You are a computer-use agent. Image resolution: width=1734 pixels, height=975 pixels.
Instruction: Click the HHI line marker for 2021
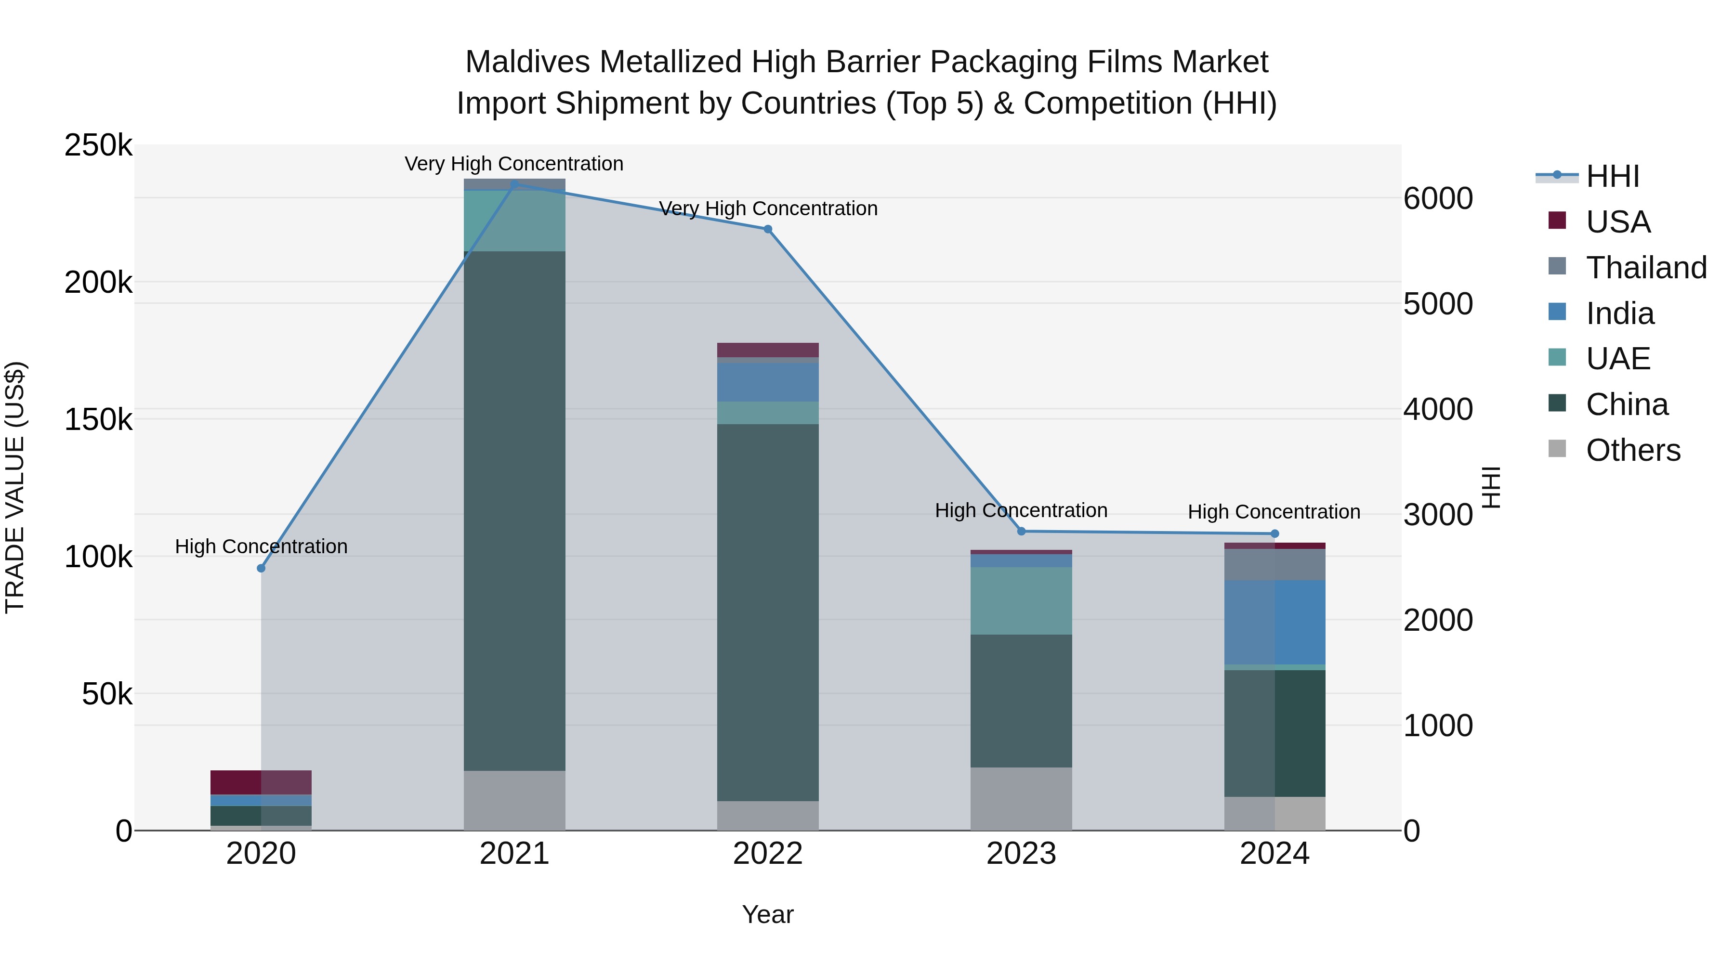(x=514, y=184)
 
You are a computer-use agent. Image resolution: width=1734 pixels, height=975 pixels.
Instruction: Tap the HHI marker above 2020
(x=261, y=568)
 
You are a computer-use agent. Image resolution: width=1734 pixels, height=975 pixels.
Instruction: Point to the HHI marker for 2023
(x=1021, y=531)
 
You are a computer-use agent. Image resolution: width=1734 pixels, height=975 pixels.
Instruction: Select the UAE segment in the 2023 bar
(x=1021, y=600)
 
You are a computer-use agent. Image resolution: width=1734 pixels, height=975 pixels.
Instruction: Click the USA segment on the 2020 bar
(x=261, y=782)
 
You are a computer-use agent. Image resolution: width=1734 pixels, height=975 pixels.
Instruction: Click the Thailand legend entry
(x=1646, y=267)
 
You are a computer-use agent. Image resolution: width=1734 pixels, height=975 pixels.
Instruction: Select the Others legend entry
(x=1632, y=450)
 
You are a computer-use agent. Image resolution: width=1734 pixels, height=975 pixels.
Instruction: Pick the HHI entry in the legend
(x=1612, y=176)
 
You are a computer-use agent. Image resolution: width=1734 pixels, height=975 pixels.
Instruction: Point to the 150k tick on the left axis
(x=98, y=419)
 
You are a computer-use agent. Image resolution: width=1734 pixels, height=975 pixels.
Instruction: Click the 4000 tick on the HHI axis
(x=1438, y=409)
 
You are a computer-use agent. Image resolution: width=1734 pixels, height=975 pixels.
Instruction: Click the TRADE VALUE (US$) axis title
(x=15, y=487)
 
